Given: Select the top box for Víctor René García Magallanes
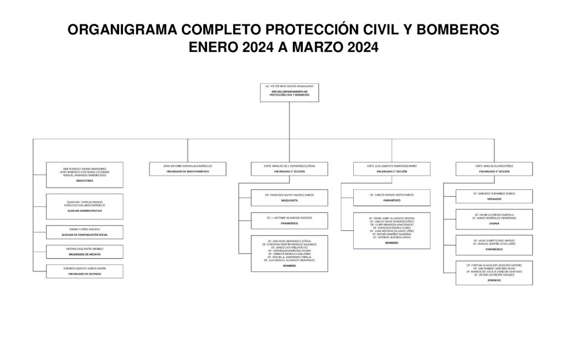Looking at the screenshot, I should tap(289, 91).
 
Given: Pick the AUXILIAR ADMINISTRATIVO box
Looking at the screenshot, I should tap(85, 205).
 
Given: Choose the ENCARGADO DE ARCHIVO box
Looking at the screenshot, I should tap(85, 251).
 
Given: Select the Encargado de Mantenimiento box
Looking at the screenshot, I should tap(187, 168).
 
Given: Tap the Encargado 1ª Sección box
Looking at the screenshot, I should tap(290, 168).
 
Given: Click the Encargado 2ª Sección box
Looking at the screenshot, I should tap(392, 168).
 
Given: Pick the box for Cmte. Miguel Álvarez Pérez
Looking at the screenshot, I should tap(494, 168).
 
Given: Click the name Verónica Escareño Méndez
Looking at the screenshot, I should tap(85, 249).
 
